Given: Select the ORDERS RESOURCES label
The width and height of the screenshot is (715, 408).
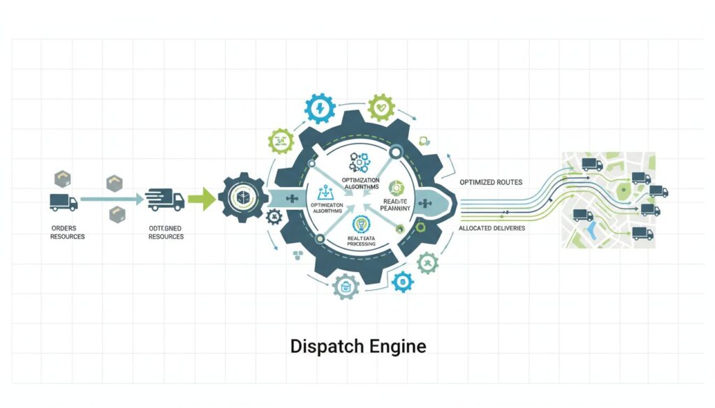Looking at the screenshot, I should pos(68,232).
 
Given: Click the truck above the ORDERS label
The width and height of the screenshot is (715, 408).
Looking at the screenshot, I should pos(64,202).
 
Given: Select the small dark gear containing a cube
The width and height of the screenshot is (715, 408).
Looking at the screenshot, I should pos(242,197).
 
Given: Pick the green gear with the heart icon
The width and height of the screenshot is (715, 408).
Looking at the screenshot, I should pos(381,108).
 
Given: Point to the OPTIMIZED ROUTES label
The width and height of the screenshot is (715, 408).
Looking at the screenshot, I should pos(490,182).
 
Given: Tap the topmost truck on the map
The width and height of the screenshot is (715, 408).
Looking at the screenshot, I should pos(591,165).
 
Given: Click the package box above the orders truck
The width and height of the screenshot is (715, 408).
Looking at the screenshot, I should pos(64,177).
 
